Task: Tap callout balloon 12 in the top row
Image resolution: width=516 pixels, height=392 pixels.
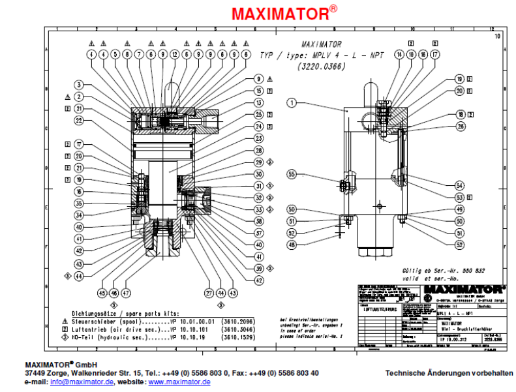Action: tap(174, 55)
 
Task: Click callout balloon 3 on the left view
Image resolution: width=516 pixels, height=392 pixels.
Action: tap(79, 84)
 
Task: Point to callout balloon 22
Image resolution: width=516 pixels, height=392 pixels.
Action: tap(79, 121)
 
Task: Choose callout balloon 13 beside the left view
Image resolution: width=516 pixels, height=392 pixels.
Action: tap(259, 102)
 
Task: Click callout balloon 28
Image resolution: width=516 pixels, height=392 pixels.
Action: tap(259, 150)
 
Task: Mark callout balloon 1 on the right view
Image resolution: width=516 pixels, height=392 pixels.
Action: tap(292, 102)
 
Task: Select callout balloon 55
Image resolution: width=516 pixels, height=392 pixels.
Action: tap(292, 174)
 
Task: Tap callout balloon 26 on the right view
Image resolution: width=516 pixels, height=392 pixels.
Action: tap(460, 125)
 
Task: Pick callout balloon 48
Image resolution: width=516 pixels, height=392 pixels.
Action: tap(292, 245)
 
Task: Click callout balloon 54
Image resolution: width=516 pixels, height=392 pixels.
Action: tap(460, 185)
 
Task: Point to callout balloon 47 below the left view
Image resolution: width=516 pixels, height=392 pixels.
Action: tap(127, 292)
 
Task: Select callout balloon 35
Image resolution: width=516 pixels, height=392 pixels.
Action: tap(79, 203)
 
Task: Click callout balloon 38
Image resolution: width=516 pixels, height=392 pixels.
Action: tap(259, 221)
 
